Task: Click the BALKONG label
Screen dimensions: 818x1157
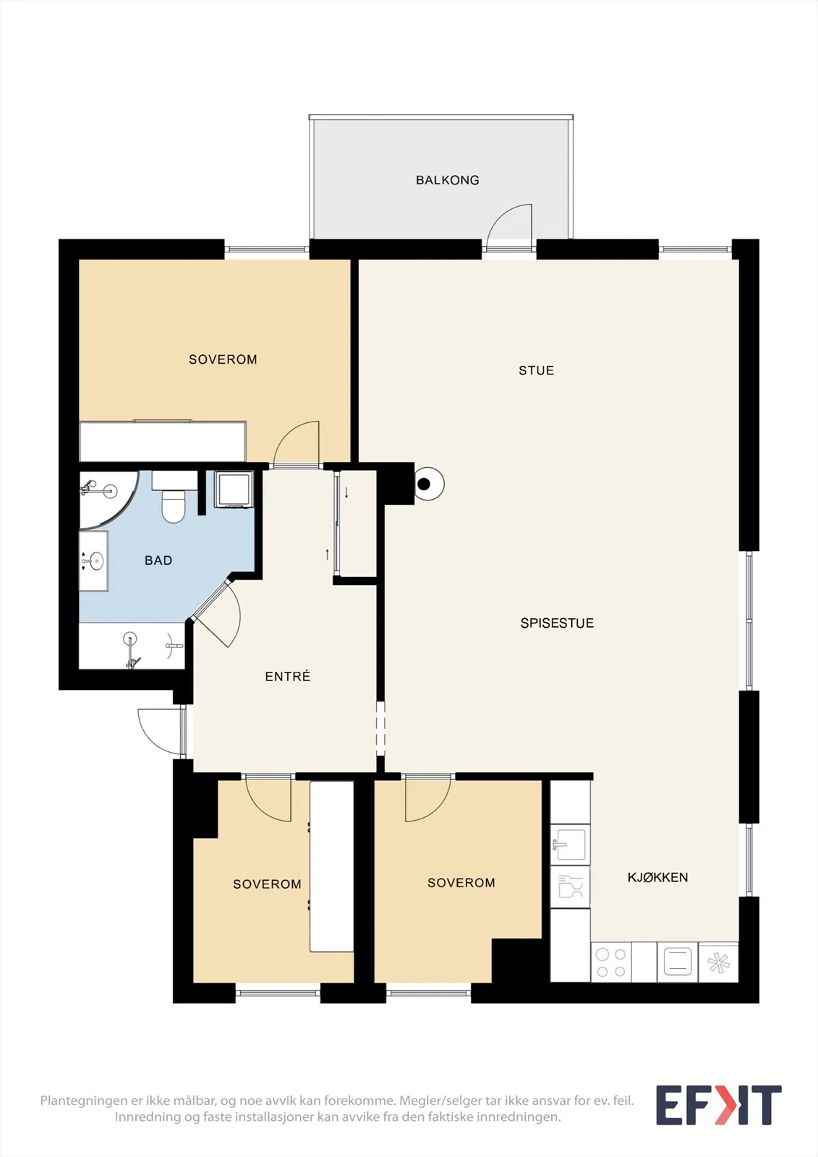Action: pos(448,180)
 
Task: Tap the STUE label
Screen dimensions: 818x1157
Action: pos(537,370)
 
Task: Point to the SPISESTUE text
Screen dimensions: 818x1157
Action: pos(557,623)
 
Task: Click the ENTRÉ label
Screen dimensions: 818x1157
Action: pos(288,676)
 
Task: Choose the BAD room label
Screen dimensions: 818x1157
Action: pos(158,560)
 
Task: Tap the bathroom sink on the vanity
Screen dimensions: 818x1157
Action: pos(95,560)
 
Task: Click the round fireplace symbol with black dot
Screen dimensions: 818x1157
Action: pos(428,484)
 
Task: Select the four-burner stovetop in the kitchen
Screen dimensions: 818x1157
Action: pos(610,962)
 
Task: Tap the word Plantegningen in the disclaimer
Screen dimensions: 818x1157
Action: pos(83,1101)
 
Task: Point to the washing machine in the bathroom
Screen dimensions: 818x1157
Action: pos(234,489)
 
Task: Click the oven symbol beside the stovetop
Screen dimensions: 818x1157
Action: pos(678,962)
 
